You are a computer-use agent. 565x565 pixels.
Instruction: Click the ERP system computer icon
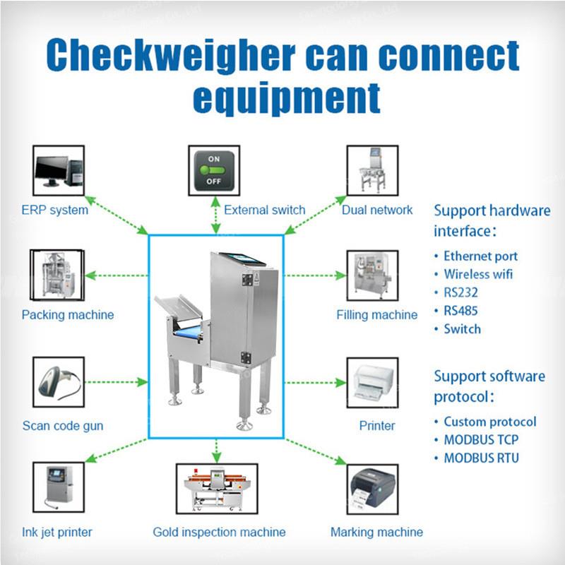59,171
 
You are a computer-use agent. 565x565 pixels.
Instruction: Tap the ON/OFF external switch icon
214,171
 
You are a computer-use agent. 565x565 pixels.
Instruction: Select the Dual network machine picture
371,171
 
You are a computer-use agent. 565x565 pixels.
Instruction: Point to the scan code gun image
59,382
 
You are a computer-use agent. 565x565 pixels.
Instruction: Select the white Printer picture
372,382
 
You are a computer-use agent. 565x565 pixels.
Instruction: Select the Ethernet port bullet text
480,256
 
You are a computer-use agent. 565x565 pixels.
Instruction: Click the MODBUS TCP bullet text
481,440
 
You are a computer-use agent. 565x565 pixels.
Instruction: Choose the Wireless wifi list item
478,274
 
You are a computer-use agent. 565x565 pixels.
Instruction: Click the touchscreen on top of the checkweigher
241,258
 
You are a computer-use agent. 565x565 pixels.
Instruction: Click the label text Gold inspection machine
219,532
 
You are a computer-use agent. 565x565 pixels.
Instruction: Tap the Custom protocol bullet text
489,422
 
